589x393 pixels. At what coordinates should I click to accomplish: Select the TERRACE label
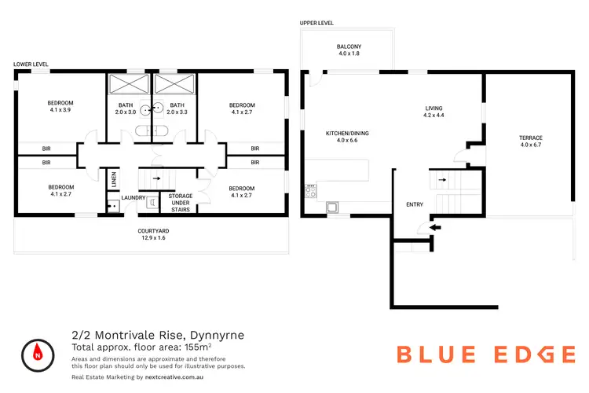click(530, 141)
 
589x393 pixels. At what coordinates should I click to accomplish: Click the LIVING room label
click(434, 112)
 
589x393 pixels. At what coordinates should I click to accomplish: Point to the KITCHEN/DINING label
click(347, 137)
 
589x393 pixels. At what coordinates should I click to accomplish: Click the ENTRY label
click(414, 205)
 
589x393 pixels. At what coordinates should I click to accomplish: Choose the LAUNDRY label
click(133, 197)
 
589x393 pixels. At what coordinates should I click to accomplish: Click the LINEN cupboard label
click(114, 180)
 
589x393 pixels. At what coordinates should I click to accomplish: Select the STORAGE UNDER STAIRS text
click(180, 202)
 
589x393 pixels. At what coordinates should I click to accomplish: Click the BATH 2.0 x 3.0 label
click(126, 108)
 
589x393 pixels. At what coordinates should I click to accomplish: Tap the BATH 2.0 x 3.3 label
click(177, 108)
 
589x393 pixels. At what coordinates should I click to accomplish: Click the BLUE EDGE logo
click(485, 354)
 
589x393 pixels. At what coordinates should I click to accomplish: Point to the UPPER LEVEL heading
click(316, 24)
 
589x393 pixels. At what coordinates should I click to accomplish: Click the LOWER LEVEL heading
click(31, 64)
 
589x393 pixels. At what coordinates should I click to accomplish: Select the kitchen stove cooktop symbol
click(310, 190)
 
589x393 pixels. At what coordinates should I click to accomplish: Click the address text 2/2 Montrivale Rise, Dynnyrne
click(157, 335)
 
